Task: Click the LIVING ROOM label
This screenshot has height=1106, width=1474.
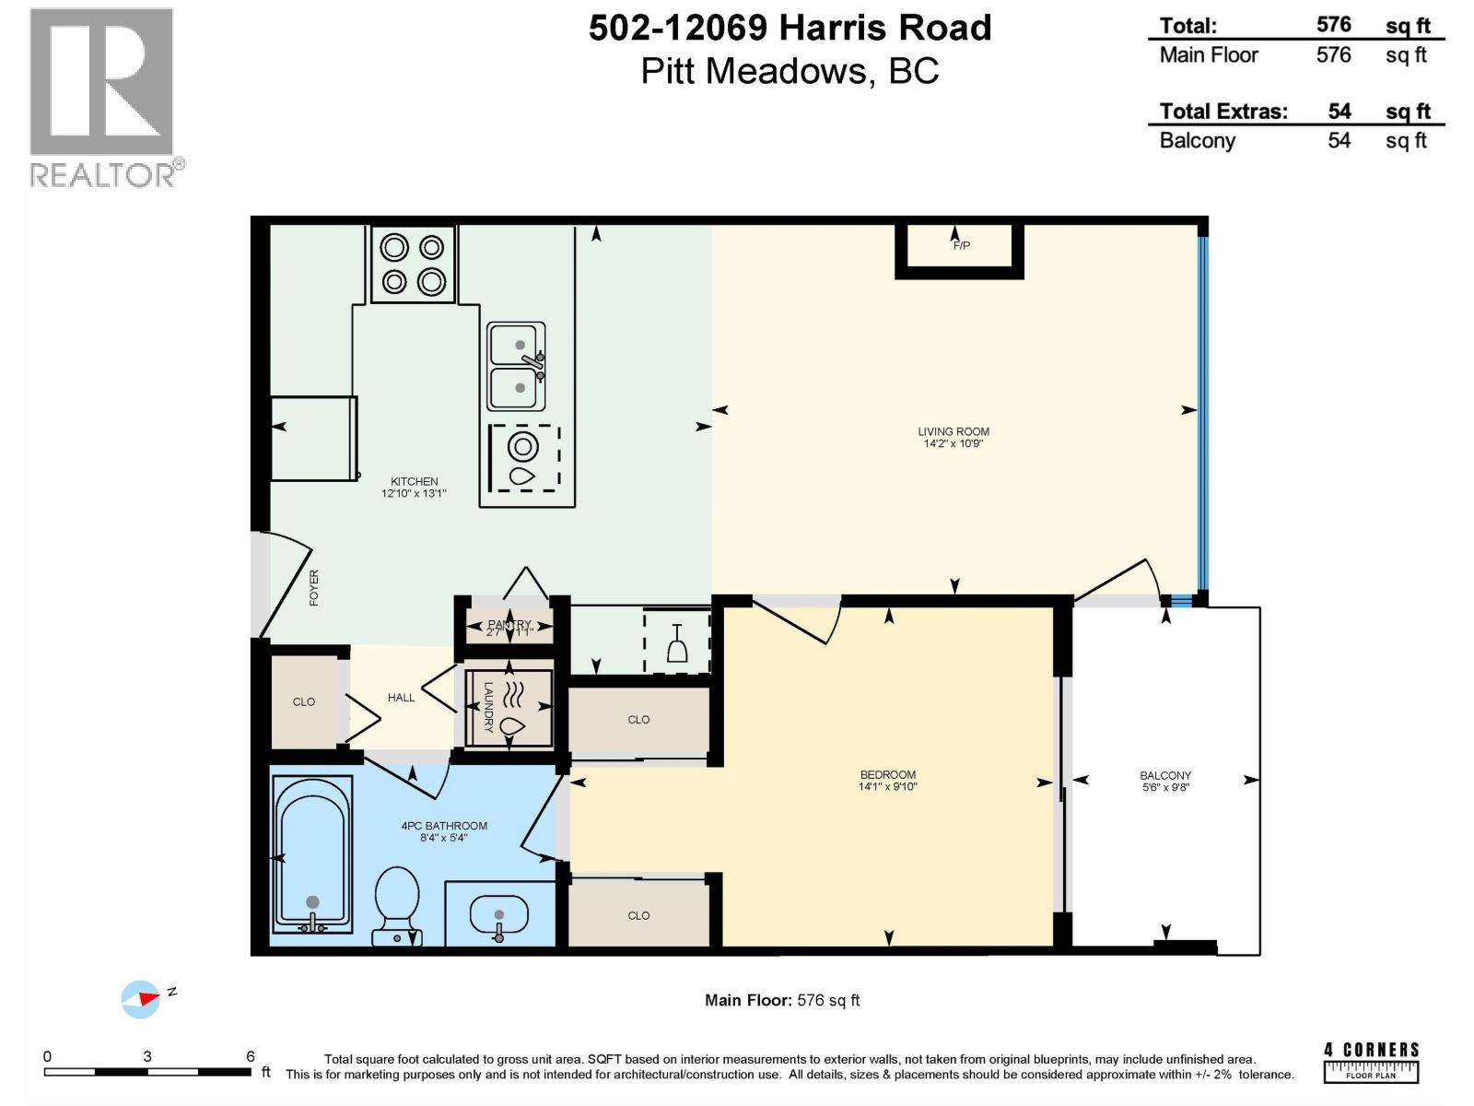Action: point(953,431)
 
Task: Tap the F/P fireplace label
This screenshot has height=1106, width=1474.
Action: point(961,245)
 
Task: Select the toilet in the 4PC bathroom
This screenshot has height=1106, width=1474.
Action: point(397,904)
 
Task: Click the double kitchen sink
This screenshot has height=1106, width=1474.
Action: point(516,367)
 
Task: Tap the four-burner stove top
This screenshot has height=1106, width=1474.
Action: point(413,265)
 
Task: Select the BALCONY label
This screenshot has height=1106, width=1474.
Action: point(1164,775)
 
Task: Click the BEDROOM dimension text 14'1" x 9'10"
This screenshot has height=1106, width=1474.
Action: point(887,786)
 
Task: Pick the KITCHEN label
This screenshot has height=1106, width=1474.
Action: point(414,481)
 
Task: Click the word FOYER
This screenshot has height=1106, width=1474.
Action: point(314,587)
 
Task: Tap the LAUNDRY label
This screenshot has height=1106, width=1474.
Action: point(488,707)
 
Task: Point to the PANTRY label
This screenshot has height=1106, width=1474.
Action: point(509,625)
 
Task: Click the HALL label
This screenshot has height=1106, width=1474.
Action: point(401,698)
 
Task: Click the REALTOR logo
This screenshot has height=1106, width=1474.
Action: point(102,97)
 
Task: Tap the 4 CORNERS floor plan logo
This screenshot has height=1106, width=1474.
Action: point(1371,1061)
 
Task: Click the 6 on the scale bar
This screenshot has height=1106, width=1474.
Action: point(250,1056)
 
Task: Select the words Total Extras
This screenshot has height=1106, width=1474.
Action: point(1222,112)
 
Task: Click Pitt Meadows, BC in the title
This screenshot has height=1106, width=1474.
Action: point(790,71)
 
